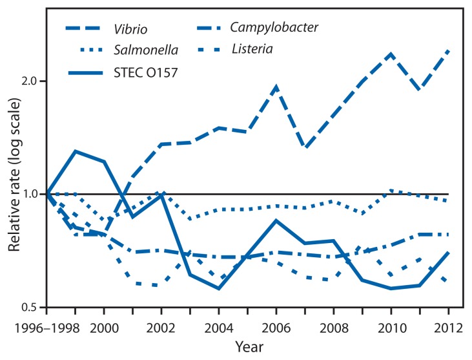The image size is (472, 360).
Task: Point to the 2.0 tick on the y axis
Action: pos(30,81)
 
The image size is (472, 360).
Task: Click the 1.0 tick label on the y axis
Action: pos(30,194)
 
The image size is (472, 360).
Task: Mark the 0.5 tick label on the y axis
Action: pos(30,307)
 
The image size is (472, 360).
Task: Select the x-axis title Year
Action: pos(248,346)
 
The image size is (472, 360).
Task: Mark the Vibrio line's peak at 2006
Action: pos(277,87)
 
